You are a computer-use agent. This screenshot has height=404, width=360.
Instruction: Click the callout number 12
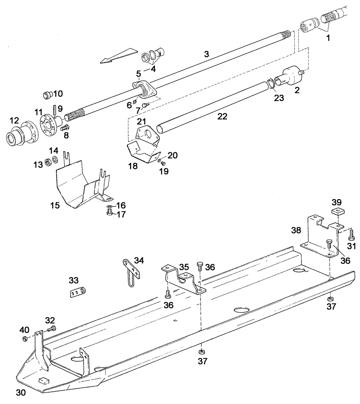click(14, 120)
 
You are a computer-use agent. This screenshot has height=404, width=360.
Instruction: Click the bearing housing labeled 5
click(144, 89)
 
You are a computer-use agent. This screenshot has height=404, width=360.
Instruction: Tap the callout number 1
click(328, 38)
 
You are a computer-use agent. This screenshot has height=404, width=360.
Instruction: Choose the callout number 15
click(55, 205)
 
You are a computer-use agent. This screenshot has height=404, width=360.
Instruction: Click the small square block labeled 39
click(337, 213)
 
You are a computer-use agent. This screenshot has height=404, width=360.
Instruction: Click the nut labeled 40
click(25, 338)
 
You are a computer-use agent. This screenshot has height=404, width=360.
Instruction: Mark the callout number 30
click(21, 392)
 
